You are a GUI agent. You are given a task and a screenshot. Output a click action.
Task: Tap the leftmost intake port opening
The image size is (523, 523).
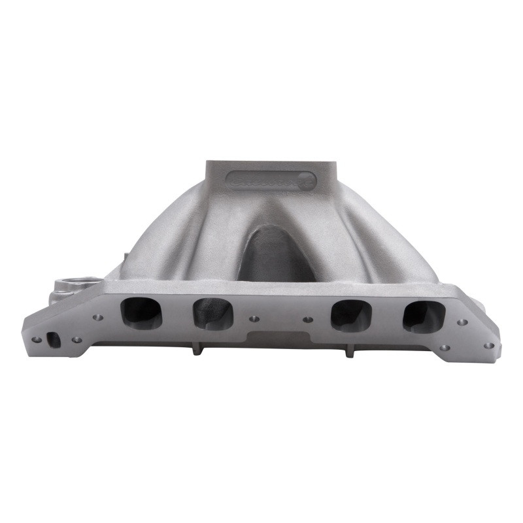141,313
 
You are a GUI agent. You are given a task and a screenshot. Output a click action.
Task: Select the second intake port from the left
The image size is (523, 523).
212,313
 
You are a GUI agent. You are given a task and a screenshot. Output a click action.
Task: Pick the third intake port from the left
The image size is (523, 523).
351,314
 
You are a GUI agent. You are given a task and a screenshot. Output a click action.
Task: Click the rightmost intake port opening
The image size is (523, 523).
424,316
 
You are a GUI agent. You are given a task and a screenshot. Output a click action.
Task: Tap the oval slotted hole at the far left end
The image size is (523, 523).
54,340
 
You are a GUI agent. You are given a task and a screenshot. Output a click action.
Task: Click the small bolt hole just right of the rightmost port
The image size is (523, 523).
462,322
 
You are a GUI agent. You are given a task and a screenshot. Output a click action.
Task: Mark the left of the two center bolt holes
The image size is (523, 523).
254,319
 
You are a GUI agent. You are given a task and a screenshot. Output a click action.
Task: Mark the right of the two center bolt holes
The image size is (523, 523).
308,320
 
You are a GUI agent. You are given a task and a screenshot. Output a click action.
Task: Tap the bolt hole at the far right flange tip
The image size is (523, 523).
488,345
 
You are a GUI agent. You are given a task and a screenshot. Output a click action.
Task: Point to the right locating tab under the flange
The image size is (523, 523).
349,352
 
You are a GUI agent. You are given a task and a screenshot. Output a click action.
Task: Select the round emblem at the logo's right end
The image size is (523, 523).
306,181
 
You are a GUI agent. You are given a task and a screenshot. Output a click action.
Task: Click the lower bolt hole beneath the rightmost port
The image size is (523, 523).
445,347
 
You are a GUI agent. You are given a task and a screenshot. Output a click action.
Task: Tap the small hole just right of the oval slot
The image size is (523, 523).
77,340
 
